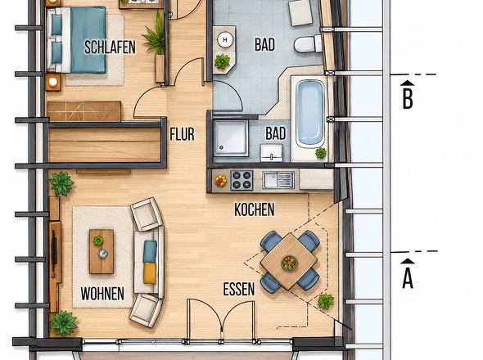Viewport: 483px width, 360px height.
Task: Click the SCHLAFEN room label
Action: (110, 47)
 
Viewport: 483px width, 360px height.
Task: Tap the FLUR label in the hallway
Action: (183, 134)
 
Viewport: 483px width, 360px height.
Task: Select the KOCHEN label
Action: (255, 209)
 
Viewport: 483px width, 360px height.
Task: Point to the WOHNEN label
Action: (102, 294)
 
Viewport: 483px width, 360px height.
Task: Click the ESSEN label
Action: (239, 289)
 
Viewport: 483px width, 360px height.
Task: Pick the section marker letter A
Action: (408, 278)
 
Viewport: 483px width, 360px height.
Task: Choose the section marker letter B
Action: (408, 98)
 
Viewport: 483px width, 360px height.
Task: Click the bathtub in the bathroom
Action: (310, 113)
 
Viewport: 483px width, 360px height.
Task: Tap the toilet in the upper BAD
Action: (308, 44)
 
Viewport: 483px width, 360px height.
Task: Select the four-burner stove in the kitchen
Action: (241, 180)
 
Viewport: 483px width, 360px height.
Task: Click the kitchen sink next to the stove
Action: (278, 180)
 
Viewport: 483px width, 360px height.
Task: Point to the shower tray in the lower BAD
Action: (231, 138)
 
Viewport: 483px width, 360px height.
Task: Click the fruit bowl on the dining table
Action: (289, 263)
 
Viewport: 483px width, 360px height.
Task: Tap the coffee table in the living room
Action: (102, 252)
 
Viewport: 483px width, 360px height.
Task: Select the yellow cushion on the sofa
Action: (150, 273)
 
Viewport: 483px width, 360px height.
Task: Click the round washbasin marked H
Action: (225, 40)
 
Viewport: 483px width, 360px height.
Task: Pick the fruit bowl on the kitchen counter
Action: (221, 181)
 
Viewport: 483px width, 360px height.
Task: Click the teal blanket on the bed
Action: (88, 40)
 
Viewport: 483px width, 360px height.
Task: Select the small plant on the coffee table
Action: (98, 241)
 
